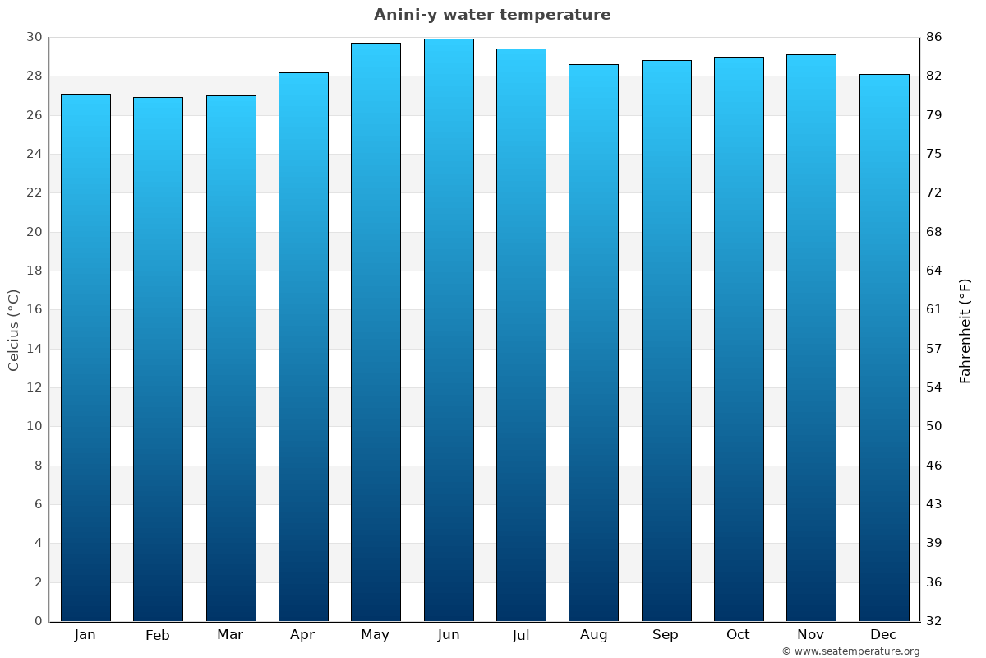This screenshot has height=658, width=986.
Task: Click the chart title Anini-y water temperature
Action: pos(492,15)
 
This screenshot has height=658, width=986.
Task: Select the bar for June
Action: pos(449,329)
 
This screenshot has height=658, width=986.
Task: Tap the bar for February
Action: pos(158,359)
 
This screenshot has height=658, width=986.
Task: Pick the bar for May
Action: pos(376,331)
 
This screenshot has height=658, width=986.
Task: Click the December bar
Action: pos(884,347)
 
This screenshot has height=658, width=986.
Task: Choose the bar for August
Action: pos(593,342)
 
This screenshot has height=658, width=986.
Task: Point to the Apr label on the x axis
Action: pos(302,635)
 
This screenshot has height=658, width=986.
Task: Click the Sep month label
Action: pos(666,635)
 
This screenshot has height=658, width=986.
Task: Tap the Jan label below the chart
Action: pos(85,635)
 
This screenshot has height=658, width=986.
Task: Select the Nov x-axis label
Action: pos(811,635)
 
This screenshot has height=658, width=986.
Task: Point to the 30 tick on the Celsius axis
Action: pos(34,37)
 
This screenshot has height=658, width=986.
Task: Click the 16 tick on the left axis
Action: pos(34,309)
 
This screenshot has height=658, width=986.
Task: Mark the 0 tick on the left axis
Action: pos(38,621)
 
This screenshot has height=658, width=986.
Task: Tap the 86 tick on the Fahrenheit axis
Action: pos(934,37)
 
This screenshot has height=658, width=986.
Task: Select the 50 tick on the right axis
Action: pos(934,426)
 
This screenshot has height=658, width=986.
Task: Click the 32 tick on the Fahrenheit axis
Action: pos(934,621)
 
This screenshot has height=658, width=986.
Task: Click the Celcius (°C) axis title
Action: pos(13,330)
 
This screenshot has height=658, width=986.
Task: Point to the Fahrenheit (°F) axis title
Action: pos(965,330)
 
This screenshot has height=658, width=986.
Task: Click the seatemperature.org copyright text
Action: pos(850,651)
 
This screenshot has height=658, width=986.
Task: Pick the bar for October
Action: pos(739,339)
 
